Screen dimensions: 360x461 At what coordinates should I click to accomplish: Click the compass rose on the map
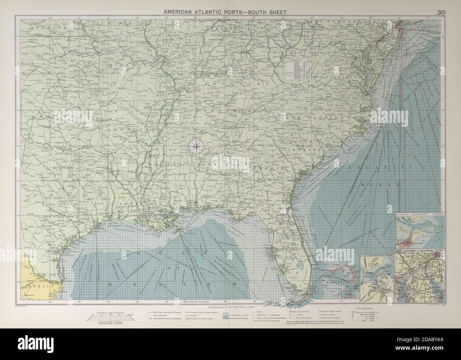tap(196, 146)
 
